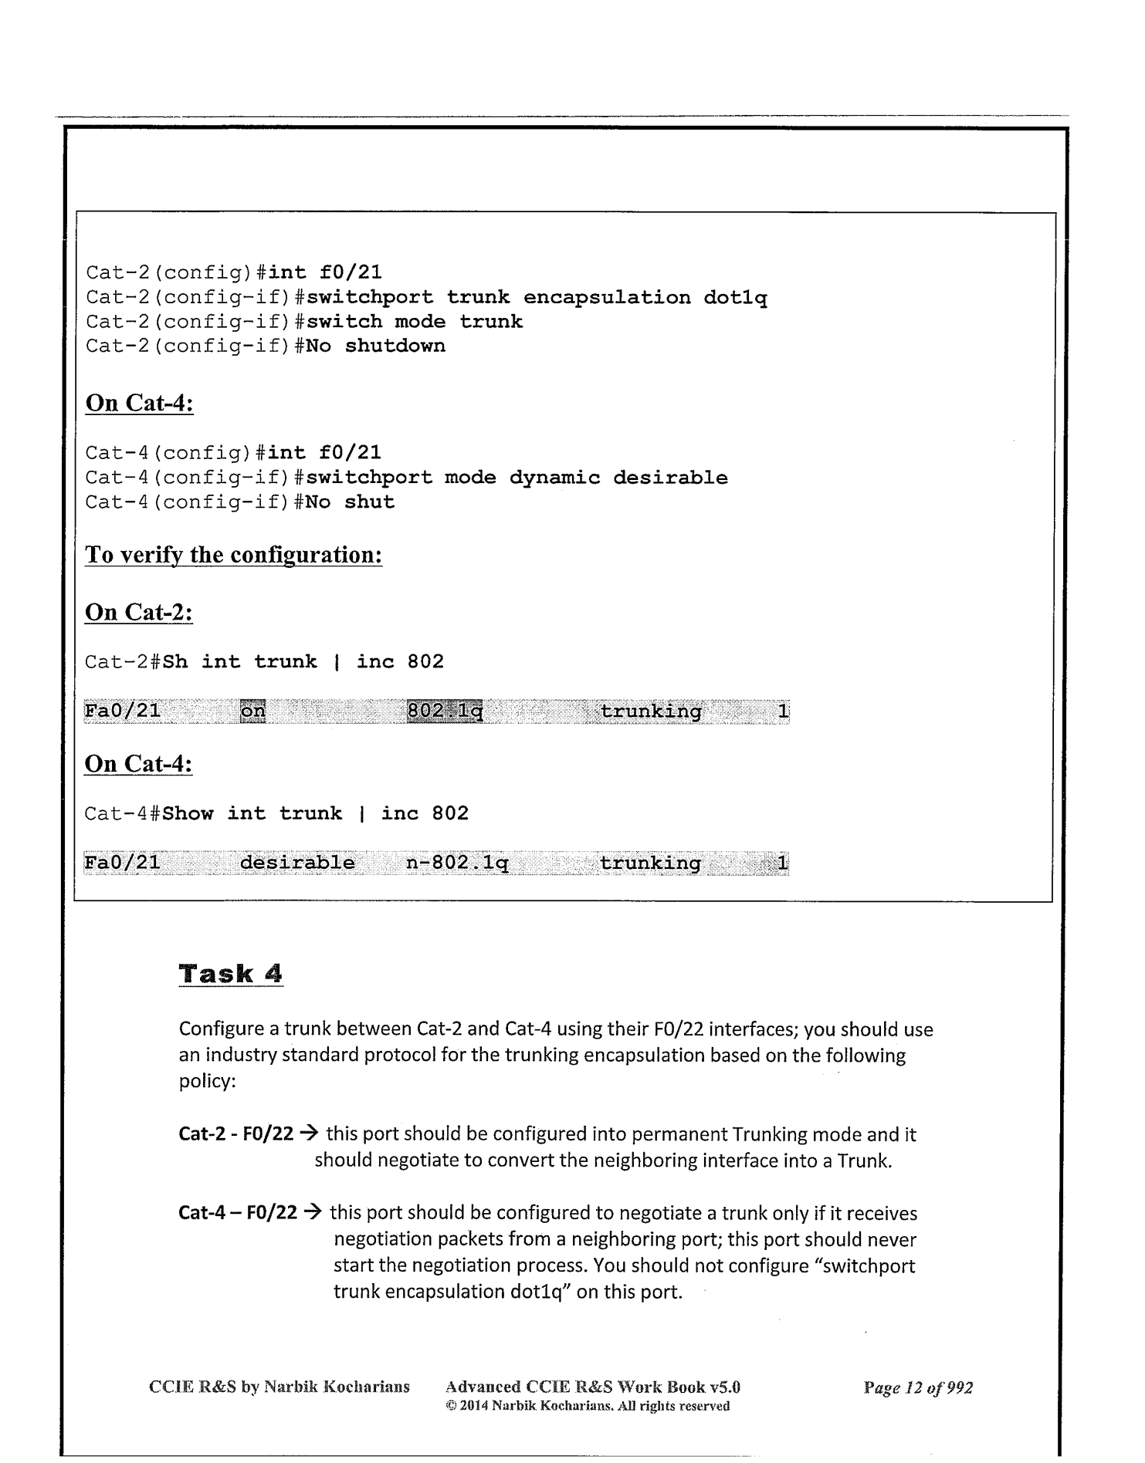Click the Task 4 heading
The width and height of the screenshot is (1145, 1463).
(230, 974)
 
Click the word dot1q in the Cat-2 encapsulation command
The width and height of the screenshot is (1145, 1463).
(735, 298)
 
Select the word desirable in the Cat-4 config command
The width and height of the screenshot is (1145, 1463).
(670, 478)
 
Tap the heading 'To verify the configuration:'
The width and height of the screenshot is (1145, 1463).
(233, 555)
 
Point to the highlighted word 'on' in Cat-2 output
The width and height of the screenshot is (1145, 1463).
(252, 711)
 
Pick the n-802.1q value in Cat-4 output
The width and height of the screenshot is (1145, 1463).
(457, 863)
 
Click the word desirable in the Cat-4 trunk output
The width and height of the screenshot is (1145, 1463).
(297, 863)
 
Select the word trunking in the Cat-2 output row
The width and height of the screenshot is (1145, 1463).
(651, 711)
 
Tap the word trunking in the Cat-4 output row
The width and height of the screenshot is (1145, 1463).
(650, 863)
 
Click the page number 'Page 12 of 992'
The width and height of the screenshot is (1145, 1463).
(918, 1387)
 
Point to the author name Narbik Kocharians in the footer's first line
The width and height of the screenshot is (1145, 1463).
(337, 1387)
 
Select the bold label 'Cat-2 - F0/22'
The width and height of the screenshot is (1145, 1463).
(235, 1134)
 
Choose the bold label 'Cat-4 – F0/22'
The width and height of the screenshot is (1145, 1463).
(237, 1213)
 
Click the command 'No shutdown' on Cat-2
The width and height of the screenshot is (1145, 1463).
(375, 346)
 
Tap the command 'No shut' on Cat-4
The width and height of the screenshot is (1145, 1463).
(350, 502)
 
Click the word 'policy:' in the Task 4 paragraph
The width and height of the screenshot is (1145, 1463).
(206, 1081)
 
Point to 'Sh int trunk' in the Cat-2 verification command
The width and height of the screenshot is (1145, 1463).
(239, 662)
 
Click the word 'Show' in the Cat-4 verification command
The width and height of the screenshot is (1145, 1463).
(188, 813)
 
